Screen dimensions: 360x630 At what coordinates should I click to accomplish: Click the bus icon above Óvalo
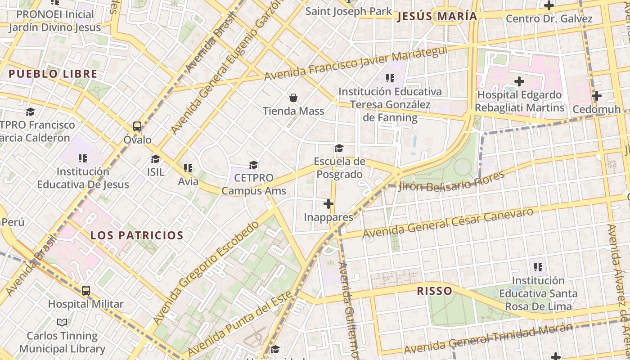[x=137, y=126]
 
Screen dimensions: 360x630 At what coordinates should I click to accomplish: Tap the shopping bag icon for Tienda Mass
[x=293, y=98]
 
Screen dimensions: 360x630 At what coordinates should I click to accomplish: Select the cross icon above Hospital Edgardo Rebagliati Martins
[x=519, y=81]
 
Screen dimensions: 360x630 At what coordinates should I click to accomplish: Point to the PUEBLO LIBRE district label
[x=53, y=74]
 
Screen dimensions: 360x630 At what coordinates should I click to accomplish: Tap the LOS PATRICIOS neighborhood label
[x=137, y=235]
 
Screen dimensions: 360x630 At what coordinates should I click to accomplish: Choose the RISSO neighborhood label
[x=434, y=291]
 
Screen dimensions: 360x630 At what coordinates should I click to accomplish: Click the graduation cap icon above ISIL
[x=156, y=159]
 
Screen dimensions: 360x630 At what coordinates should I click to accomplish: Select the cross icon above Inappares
[x=328, y=204]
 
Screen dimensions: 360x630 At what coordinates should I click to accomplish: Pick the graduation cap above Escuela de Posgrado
[x=339, y=148]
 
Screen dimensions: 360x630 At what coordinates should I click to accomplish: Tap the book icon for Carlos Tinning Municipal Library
[x=62, y=322]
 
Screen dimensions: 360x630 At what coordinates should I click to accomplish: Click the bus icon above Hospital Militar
[x=85, y=291]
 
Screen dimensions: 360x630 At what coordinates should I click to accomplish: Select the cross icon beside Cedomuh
[x=597, y=96]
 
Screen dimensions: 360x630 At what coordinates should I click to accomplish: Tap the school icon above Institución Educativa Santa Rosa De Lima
[x=538, y=267]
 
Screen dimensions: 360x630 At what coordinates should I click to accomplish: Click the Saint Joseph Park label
[x=349, y=11]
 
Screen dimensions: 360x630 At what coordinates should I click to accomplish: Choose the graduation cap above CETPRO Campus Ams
[x=254, y=165]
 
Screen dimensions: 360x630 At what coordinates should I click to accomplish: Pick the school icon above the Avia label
[x=188, y=168]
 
